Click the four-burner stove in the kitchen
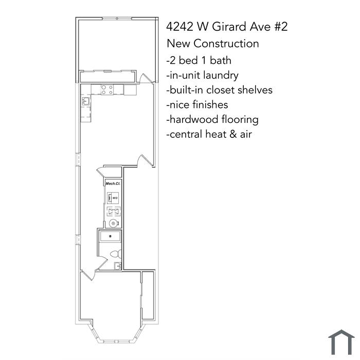tap(107, 89)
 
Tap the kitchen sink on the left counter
tap(86, 101)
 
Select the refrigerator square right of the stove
tap(130, 89)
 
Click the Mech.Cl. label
tap(113, 184)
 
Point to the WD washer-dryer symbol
tap(113, 198)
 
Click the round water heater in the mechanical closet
tap(114, 223)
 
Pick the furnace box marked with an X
tap(114, 211)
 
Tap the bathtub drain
tap(111, 236)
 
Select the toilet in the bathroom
tap(116, 254)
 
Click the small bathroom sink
tap(118, 266)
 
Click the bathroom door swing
tap(102, 263)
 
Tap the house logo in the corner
tap(341, 342)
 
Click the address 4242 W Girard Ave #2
tap(227, 26)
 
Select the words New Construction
tap(213, 44)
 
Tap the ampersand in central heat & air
tap(233, 134)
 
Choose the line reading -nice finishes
tap(197, 105)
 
